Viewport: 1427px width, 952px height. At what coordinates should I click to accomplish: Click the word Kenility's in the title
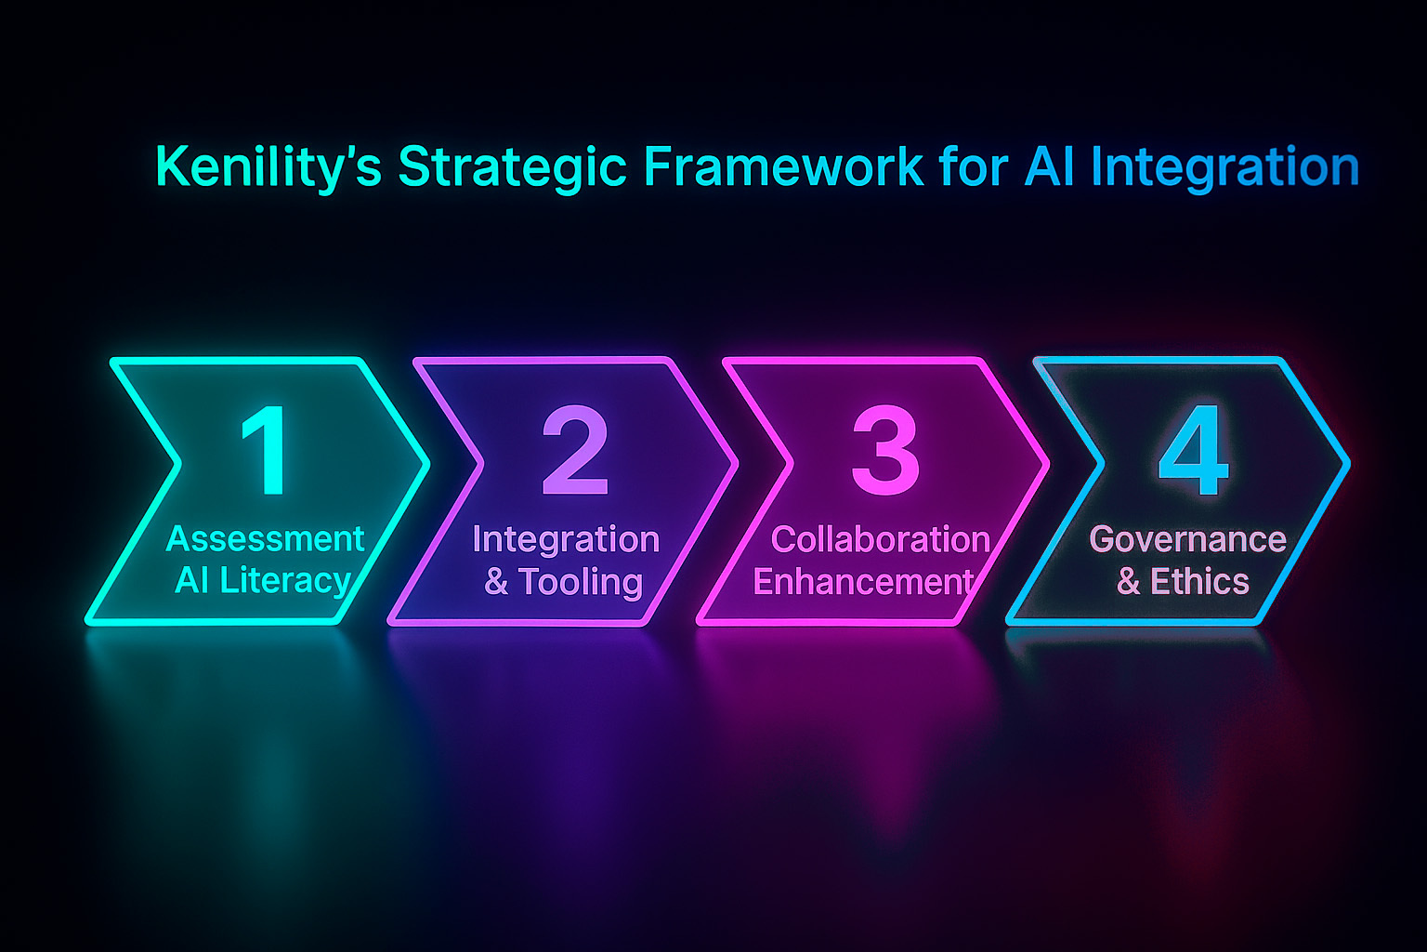coord(268,168)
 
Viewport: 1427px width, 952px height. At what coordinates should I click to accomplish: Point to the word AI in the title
coord(1050,166)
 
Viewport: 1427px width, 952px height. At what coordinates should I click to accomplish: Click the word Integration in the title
coord(1225,168)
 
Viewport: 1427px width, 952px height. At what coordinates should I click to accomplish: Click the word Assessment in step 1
coord(266,539)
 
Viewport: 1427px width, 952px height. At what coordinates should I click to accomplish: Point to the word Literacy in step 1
coord(286,581)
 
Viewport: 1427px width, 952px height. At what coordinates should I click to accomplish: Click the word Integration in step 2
coord(566,539)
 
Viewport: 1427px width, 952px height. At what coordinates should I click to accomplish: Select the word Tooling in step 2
coord(581,582)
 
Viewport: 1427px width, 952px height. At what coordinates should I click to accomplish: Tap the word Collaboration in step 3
coord(880,539)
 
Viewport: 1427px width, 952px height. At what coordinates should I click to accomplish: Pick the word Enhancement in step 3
coord(863,582)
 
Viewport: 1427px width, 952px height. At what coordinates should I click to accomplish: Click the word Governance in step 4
coord(1187,539)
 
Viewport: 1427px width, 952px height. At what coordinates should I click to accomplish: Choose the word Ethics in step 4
coord(1199,582)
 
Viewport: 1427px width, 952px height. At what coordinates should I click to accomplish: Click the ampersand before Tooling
coord(496,583)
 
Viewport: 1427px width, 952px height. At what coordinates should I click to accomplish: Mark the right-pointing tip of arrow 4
coord(1346,461)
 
